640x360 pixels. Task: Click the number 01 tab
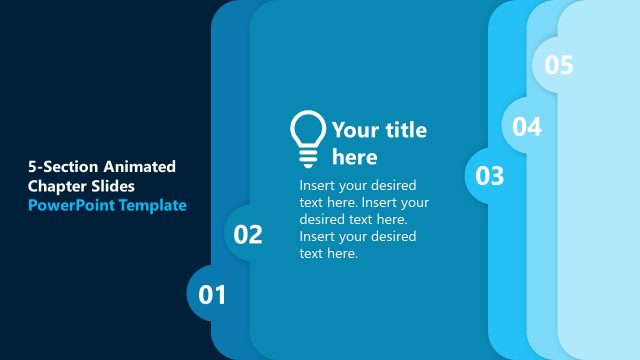[212, 295]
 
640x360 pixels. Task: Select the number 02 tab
[248, 235]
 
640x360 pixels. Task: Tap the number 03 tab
[490, 176]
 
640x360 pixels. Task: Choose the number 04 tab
[527, 127]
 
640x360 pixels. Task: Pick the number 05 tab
[559, 66]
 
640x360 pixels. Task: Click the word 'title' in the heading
[406, 130]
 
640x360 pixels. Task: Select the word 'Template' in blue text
[153, 205]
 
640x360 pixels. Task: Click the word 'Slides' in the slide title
[116, 186]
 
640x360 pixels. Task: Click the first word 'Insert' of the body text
[319, 186]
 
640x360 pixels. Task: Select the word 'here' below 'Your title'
[355, 157]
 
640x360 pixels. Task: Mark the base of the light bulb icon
[307, 159]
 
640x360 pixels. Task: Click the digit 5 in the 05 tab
[567, 66]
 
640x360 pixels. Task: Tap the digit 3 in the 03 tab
[497, 176]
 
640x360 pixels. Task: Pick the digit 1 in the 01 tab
[220, 295]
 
